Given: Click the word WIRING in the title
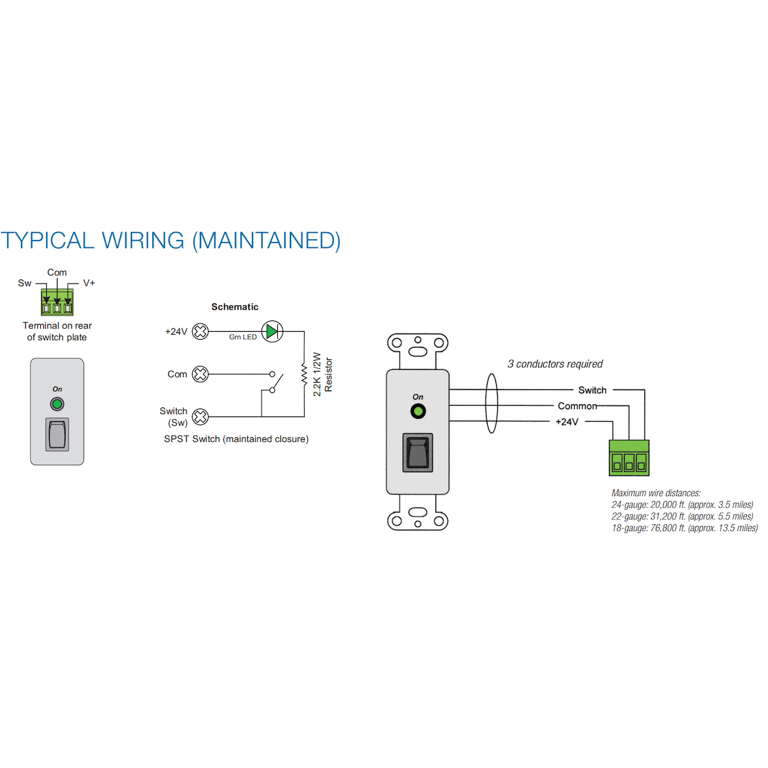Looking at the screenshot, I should [x=143, y=241].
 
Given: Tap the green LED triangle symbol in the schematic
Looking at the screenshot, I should [x=272, y=331].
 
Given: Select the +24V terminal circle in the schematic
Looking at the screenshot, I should [x=200, y=331].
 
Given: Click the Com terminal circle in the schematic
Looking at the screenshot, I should [x=200, y=374].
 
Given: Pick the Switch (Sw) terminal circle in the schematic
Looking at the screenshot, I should [x=200, y=416].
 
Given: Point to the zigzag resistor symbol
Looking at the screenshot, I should [x=304, y=374].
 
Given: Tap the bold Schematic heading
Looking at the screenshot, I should [x=235, y=307].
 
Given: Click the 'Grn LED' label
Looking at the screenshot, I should [x=243, y=337].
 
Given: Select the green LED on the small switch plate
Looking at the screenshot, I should [x=57, y=404].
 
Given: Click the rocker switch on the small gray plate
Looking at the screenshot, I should [x=57, y=434].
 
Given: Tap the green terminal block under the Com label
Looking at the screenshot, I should [x=57, y=302].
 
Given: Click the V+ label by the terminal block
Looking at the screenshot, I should [x=89, y=283].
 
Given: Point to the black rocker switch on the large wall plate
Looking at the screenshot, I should [x=418, y=452].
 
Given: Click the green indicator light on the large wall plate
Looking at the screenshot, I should [x=418, y=411].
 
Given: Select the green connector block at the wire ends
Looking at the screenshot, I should [x=629, y=458].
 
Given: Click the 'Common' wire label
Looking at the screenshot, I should [x=577, y=406].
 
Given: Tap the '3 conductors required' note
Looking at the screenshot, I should [x=555, y=364].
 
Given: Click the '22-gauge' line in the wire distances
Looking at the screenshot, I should [x=682, y=517].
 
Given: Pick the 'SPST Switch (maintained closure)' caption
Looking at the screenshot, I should [x=236, y=439].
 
